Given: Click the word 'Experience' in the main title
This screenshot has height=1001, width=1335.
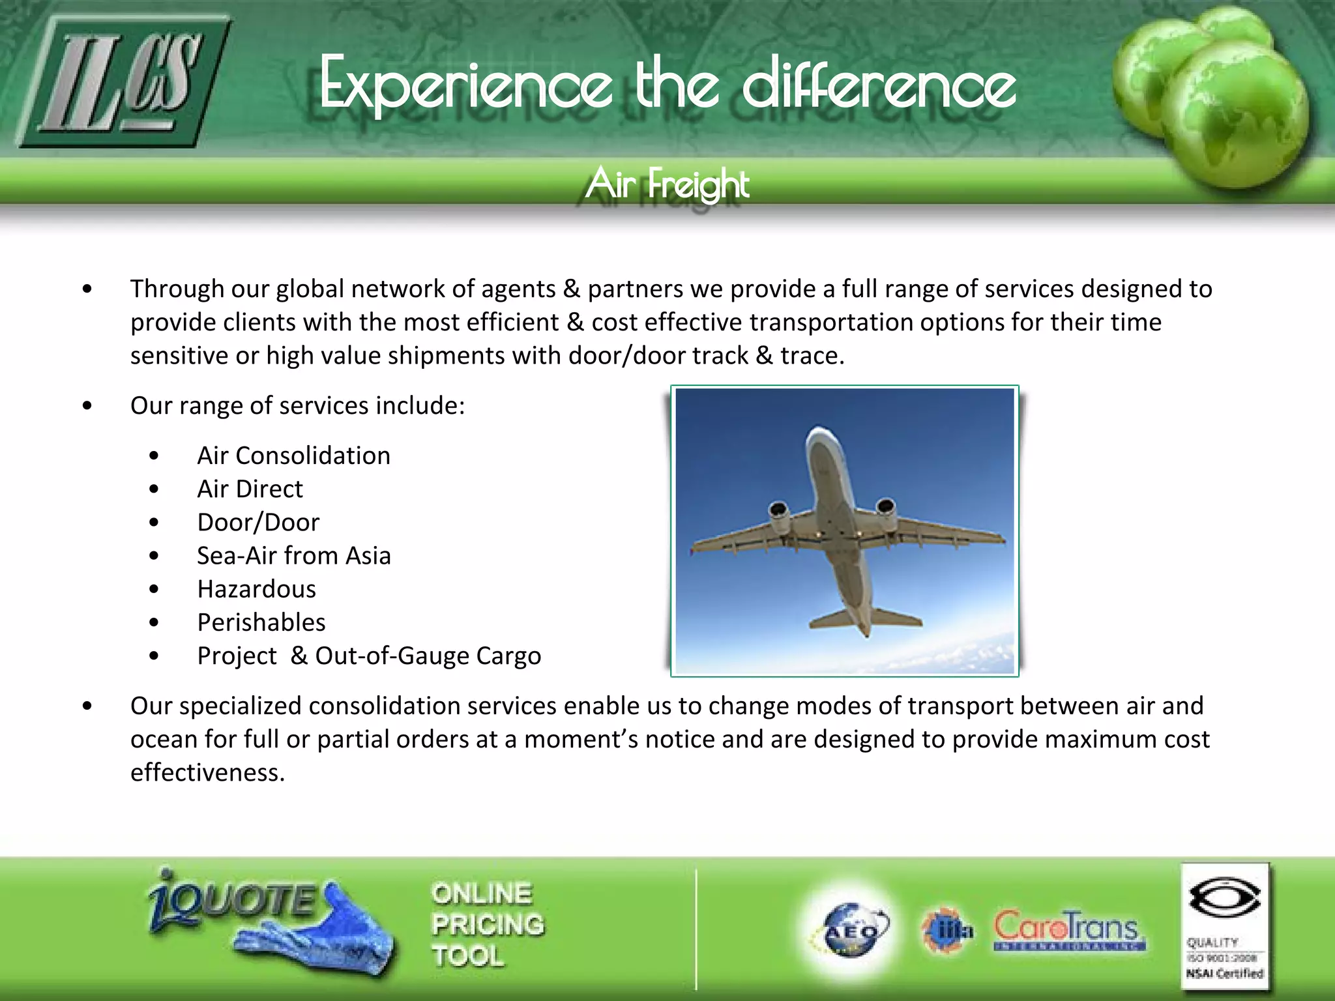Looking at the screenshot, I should click(466, 85).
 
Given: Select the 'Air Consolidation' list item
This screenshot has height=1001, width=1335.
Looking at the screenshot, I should click(293, 456).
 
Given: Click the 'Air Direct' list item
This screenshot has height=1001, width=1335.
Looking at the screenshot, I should click(250, 489).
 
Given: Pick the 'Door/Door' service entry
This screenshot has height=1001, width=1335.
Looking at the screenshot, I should click(258, 523).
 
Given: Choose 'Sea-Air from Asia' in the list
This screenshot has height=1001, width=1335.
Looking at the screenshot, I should click(293, 556).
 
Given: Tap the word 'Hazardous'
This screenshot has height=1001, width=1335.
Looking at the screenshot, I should click(256, 589).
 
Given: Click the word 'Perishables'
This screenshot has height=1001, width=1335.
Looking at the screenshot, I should click(261, 622).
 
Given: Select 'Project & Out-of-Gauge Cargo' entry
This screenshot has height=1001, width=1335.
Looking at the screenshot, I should click(369, 656).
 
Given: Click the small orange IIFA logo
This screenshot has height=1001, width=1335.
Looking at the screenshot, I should click(946, 931).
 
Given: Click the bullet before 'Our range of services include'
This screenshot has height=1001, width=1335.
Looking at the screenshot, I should click(87, 406).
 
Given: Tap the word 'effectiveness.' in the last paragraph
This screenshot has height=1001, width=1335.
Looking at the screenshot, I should click(207, 772).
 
